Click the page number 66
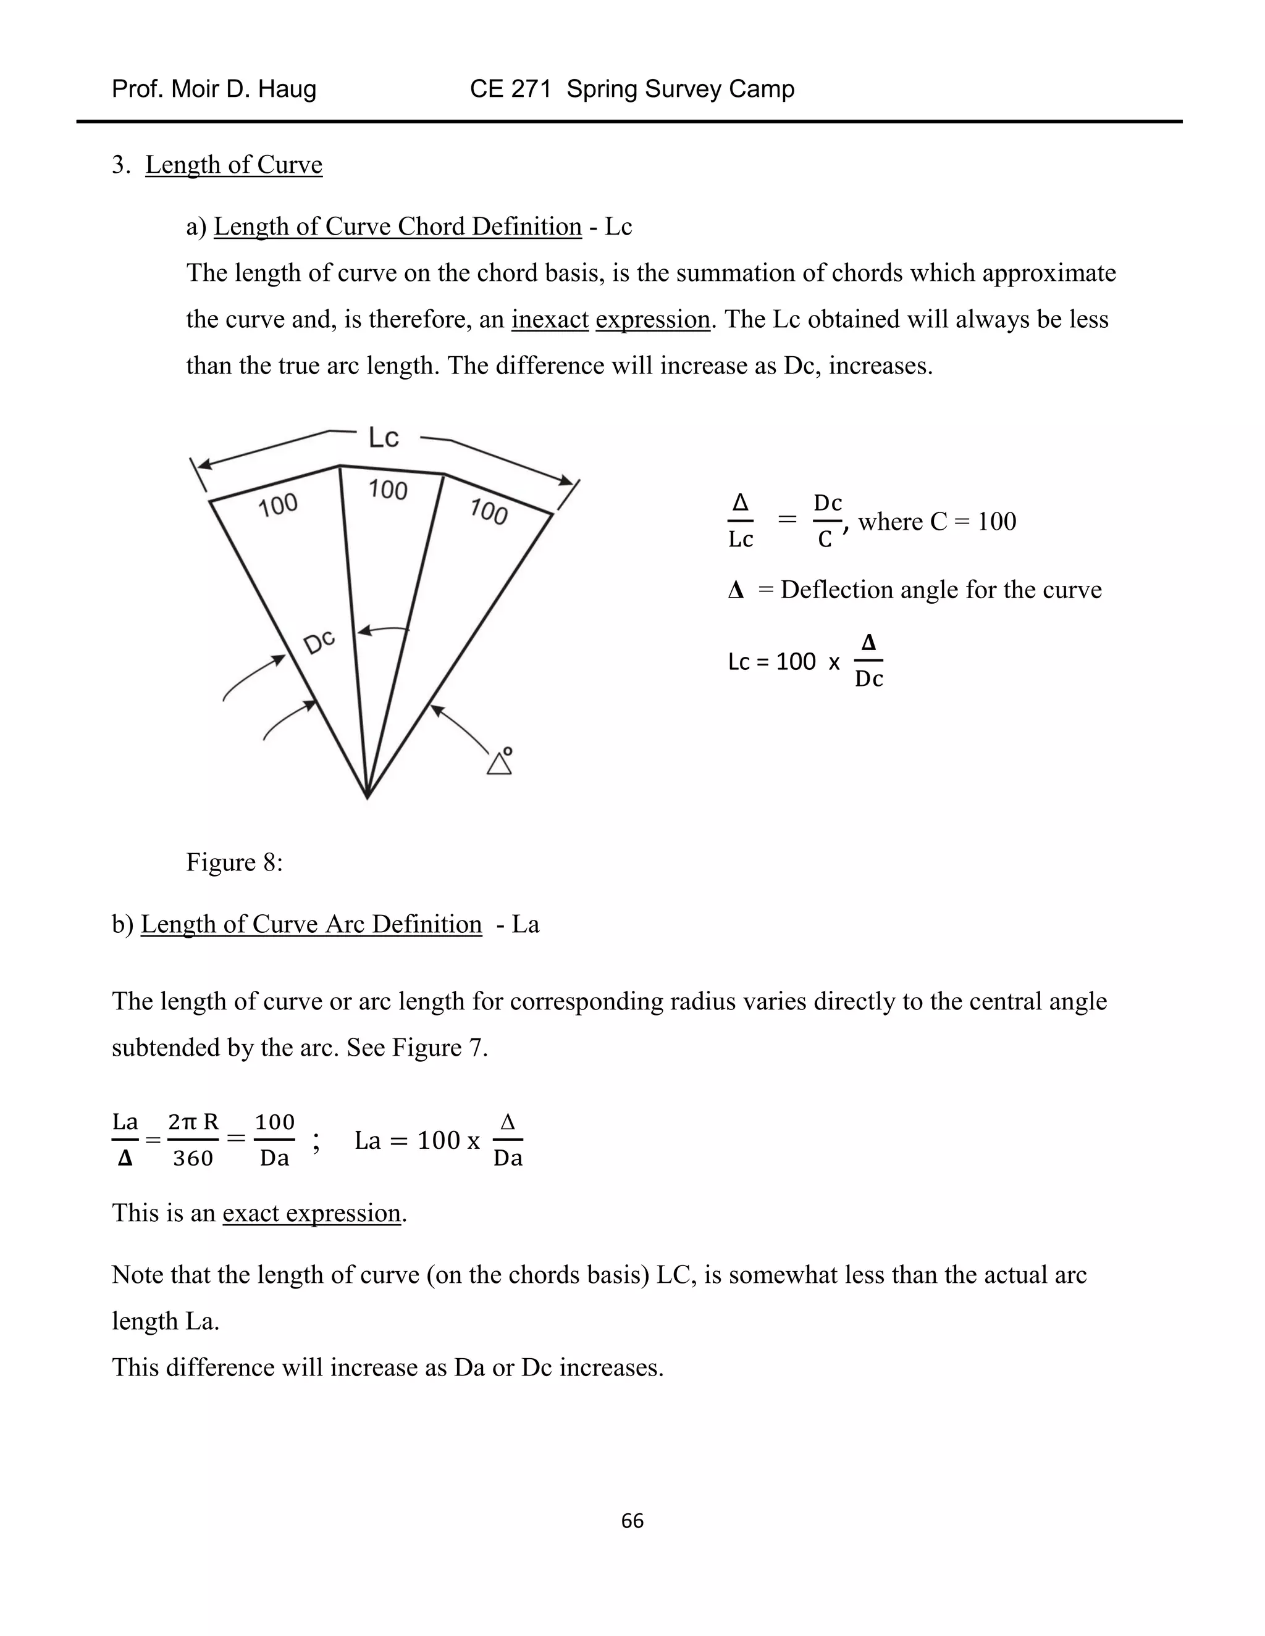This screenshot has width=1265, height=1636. [x=632, y=1520]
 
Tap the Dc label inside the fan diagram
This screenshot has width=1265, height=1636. [x=319, y=643]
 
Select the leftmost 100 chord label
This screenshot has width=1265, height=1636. [x=278, y=506]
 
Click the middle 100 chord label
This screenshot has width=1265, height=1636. [x=387, y=490]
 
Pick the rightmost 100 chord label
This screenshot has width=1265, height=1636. [x=489, y=512]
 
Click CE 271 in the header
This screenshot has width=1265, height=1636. [x=510, y=89]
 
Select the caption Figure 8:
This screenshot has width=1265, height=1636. [x=234, y=862]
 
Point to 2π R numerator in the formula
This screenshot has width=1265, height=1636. [x=193, y=1121]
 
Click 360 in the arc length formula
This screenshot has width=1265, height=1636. [x=193, y=1158]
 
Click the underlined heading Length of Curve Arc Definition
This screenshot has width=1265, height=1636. [x=311, y=924]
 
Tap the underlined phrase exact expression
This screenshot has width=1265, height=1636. [x=311, y=1212]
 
